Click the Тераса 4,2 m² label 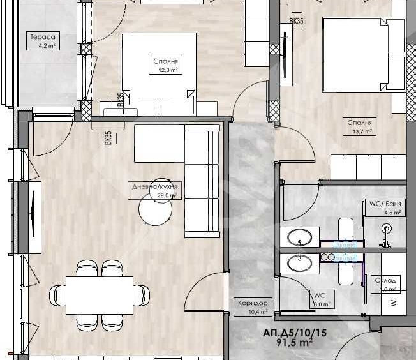coord(43,41)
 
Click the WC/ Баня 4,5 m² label coord(385,208)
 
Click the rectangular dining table coord(100,294)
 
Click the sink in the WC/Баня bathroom coord(299,238)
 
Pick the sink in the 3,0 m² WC coord(299,262)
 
